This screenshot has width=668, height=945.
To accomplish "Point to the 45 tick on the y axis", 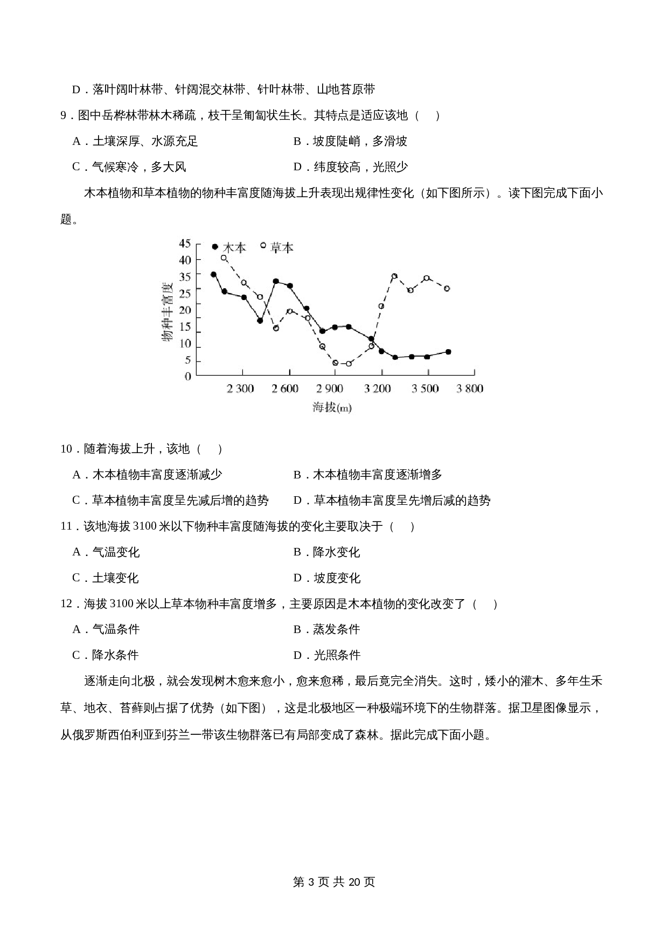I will (185, 244).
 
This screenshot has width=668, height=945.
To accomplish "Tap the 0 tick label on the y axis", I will (188, 376).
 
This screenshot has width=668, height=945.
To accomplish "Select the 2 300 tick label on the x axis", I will (240, 388).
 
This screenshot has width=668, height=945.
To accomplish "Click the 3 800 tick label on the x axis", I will (470, 388).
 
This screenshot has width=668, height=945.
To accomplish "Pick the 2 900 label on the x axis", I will (330, 388).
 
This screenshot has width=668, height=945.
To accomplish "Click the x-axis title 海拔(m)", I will (332, 407).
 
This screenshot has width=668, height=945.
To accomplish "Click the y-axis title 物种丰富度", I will (167, 311).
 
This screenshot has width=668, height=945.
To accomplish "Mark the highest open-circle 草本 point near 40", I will (224, 258).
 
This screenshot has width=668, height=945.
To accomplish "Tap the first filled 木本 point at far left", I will (213, 274).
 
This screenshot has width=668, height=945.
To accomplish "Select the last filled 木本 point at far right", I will (448, 352).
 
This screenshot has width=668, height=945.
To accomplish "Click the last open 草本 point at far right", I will (447, 288).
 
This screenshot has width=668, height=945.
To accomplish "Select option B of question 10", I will (368, 475).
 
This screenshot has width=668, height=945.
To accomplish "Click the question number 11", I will (67, 526).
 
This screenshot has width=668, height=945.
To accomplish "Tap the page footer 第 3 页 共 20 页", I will (333, 881).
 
